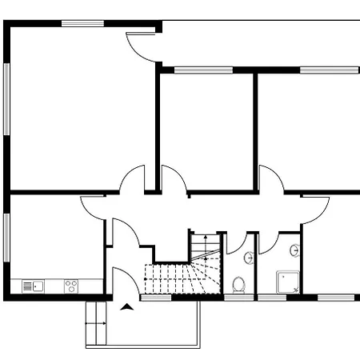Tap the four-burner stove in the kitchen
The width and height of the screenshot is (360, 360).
(x=71, y=286)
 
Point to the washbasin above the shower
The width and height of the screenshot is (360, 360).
(x=295, y=250)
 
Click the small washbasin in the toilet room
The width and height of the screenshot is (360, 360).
(x=249, y=258)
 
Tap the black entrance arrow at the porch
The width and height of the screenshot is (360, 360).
(x=126, y=306)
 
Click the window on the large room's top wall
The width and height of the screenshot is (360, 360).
(x=82, y=24)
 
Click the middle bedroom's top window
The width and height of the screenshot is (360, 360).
(x=192, y=70)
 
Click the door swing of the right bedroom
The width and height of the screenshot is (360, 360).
(x=271, y=178)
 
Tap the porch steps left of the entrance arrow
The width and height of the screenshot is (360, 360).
(x=97, y=324)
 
